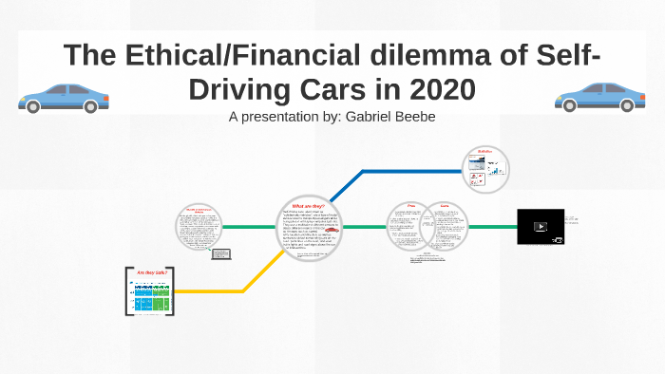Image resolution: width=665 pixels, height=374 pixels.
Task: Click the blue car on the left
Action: point(64,97)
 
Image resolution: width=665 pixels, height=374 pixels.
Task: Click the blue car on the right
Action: point(599,97)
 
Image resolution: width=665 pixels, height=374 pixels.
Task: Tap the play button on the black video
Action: point(540,227)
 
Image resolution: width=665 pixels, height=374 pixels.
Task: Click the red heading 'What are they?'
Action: point(309,206)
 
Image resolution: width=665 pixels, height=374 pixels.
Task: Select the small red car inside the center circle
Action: point(330,230)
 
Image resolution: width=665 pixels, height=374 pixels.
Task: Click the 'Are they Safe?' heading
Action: point(151,273)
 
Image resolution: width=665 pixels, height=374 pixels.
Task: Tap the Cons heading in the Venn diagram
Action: point(444,206)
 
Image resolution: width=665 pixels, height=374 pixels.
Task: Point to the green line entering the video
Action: point(494,228)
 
